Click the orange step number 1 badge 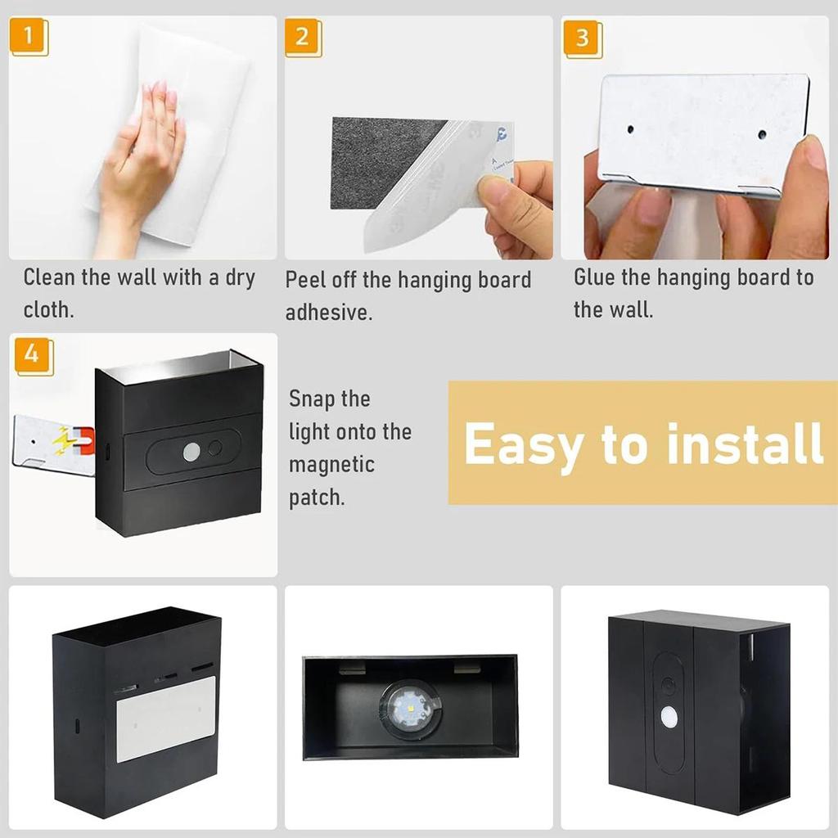pyautogui.click(x=29, y=38)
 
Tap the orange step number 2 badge pyautogui.click(x=303, y=38)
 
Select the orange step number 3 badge pyautogui.click(x=582, y=38)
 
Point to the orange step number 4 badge pyautogui.click(x=33, y=354)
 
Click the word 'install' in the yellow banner pyautogui.click(x=745, y=444)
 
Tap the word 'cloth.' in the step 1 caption pyautogui.click(x=48, y=310)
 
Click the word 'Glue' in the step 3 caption pyautogui.click(x=593, y=277)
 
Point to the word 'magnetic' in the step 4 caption pyautogui.click(x=331, y=465)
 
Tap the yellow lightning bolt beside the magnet pyautogui.click(x=62, y=443)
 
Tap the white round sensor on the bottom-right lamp pyautogui.click(x=669, y=717)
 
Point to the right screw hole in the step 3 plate pyautogui.click(x=762, y=133)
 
